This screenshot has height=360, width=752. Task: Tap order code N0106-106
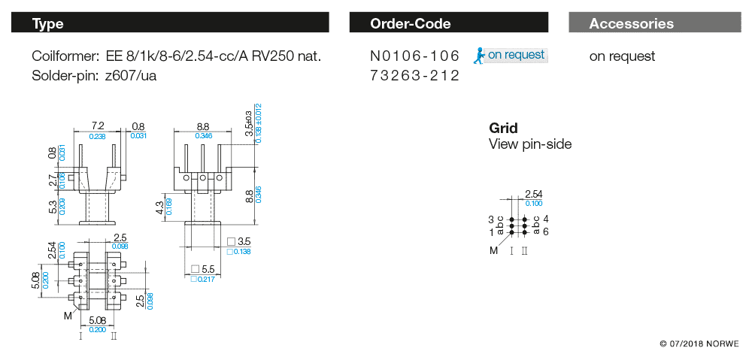click(x=414, y=56)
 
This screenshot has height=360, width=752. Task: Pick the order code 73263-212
click(x=414, y=76)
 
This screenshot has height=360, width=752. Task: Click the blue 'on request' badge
click(x=511, y=55)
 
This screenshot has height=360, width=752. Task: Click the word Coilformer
click(x=65, y=56)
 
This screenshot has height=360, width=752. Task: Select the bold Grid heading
click(x=503, y=129)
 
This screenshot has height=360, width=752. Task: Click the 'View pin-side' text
click(x=530, y=144)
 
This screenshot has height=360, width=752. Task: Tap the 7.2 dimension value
click(x=97, y=126)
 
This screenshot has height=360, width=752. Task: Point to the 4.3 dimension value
click(x=159, y=204)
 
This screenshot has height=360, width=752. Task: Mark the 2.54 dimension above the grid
click(x=534, y=195)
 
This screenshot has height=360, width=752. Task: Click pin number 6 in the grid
click(x=546, y=231)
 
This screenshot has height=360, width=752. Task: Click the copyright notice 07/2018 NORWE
click(x=699, y=343)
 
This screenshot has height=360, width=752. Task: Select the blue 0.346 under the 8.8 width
click(x=204, y=136)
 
